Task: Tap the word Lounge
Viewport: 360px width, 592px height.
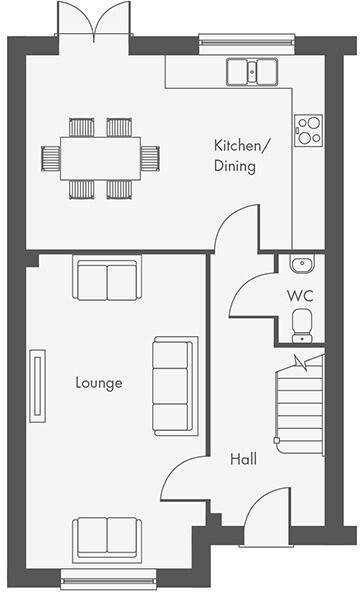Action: [x=99, y=382]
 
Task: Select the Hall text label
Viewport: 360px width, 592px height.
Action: [x=243, y=459]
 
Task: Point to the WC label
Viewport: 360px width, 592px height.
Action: [x=300, y=296]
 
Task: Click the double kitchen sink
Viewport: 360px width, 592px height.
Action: [x=253, y=71]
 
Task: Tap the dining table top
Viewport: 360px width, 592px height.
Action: [x=100, y=157]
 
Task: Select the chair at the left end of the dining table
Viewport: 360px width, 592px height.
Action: [x=51, y=157]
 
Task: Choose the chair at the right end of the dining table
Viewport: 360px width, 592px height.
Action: [x=150, y=157]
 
